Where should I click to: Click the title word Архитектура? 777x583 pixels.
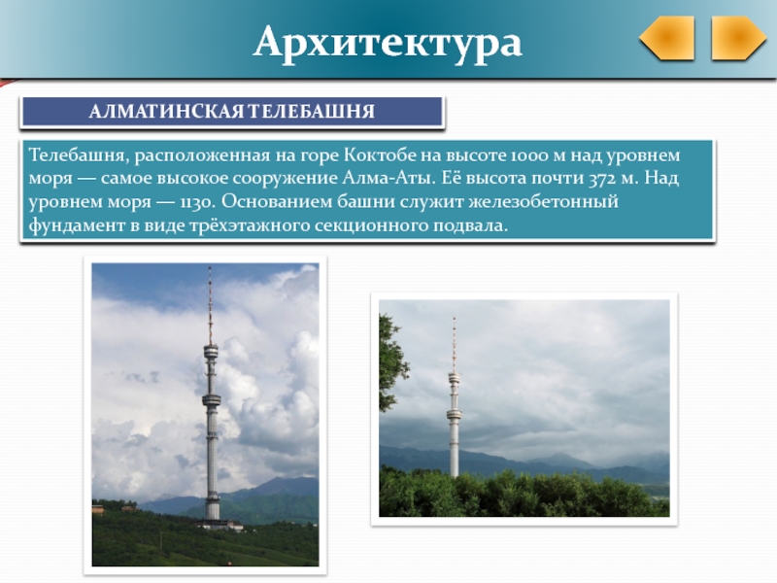[x=388, y=43]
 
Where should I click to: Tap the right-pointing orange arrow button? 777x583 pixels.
[x=738, y=38]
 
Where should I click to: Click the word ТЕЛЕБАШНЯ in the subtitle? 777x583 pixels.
[x=311, y=112]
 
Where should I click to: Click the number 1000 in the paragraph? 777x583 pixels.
[x=530, y=155]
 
